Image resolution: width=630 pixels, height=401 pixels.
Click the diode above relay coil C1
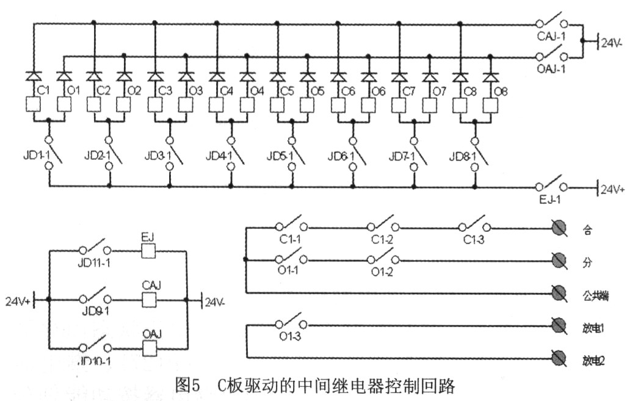pos(33,76)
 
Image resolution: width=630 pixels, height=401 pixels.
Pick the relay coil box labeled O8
pos(489,105)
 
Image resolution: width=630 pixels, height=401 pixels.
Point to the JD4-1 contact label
pos(218,156)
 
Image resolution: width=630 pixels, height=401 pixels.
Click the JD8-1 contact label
pos(462,156)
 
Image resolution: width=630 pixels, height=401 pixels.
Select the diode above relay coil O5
pos(308,76)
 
